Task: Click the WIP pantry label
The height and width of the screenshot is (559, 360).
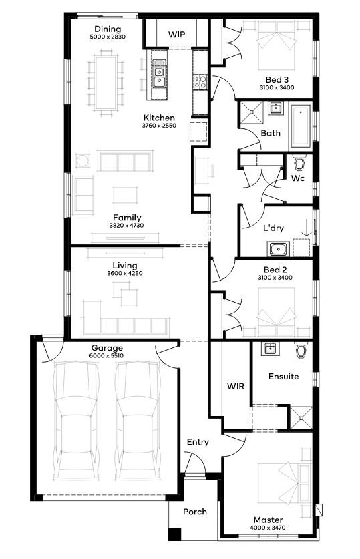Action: [177, 35]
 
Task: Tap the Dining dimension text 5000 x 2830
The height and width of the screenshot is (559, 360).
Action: [108, 37]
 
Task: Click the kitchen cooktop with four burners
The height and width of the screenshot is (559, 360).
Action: [200, 82]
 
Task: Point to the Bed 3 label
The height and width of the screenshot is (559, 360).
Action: [277, 80]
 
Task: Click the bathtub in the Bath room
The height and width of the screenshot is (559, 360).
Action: [300, 126]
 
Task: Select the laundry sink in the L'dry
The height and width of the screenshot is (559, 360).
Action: [279, 249]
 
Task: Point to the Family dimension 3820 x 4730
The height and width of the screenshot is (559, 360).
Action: [126, 226]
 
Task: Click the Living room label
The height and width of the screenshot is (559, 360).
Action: [125, 266]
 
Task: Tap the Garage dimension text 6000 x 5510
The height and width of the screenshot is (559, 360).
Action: [106, 356]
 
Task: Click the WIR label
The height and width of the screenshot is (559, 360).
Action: [236, 386]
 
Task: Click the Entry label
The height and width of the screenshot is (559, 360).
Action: [198, 442]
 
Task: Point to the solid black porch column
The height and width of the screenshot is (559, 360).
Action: [174, 534]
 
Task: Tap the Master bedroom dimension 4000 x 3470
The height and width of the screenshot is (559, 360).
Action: [268, 528]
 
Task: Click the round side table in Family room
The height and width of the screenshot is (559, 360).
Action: [81, 160]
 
